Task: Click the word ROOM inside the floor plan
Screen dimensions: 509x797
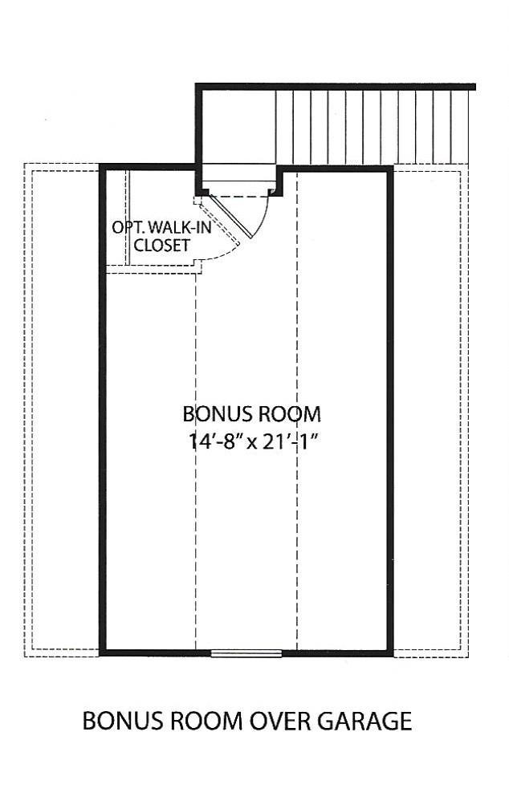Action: [x=289, y=414]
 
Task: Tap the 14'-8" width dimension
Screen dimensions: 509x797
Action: [x=215, y=441]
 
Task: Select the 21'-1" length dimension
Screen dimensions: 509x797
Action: [x=292, y=441]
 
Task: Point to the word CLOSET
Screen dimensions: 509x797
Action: [x=161, y=246]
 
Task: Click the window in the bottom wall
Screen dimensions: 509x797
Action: [x=246, y=653]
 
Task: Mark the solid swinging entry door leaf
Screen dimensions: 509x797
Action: [x=231, y=217]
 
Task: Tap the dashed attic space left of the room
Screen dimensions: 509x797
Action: [x=62, y=409]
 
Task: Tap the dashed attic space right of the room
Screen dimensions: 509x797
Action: [x=431, y=409]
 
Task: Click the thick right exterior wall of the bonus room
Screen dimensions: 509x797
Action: [x=390, y=409]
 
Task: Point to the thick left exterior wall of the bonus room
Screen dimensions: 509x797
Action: [x=103, y=409]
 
